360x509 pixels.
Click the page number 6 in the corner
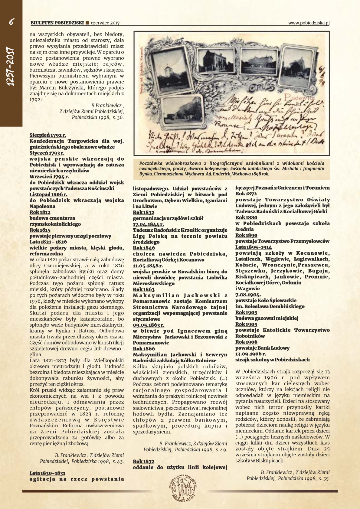pos(11,22)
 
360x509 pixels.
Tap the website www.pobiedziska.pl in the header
pos(309,23)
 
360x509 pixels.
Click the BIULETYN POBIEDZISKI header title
pos(57,23)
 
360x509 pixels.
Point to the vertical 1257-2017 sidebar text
pos(11,67)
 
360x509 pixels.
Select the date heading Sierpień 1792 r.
pos(48,135)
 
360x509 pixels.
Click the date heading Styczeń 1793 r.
pos(47,153)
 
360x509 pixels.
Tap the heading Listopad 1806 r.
pos(48,194)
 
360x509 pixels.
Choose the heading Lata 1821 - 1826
pos(48,242)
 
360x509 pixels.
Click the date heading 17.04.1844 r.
pos(149,224)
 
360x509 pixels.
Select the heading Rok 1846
pos(144,248)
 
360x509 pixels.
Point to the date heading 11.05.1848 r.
pos(148,266)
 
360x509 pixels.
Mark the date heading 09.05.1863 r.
pos(149,325)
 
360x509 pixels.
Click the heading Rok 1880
pos(246,217)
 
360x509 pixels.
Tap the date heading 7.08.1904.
pos(248,295)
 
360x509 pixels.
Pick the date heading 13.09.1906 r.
pos(251,354)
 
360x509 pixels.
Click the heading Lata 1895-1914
pos(254,247)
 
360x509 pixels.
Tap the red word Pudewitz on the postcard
pos(299,97)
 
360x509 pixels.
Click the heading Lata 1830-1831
pos(47,473)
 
